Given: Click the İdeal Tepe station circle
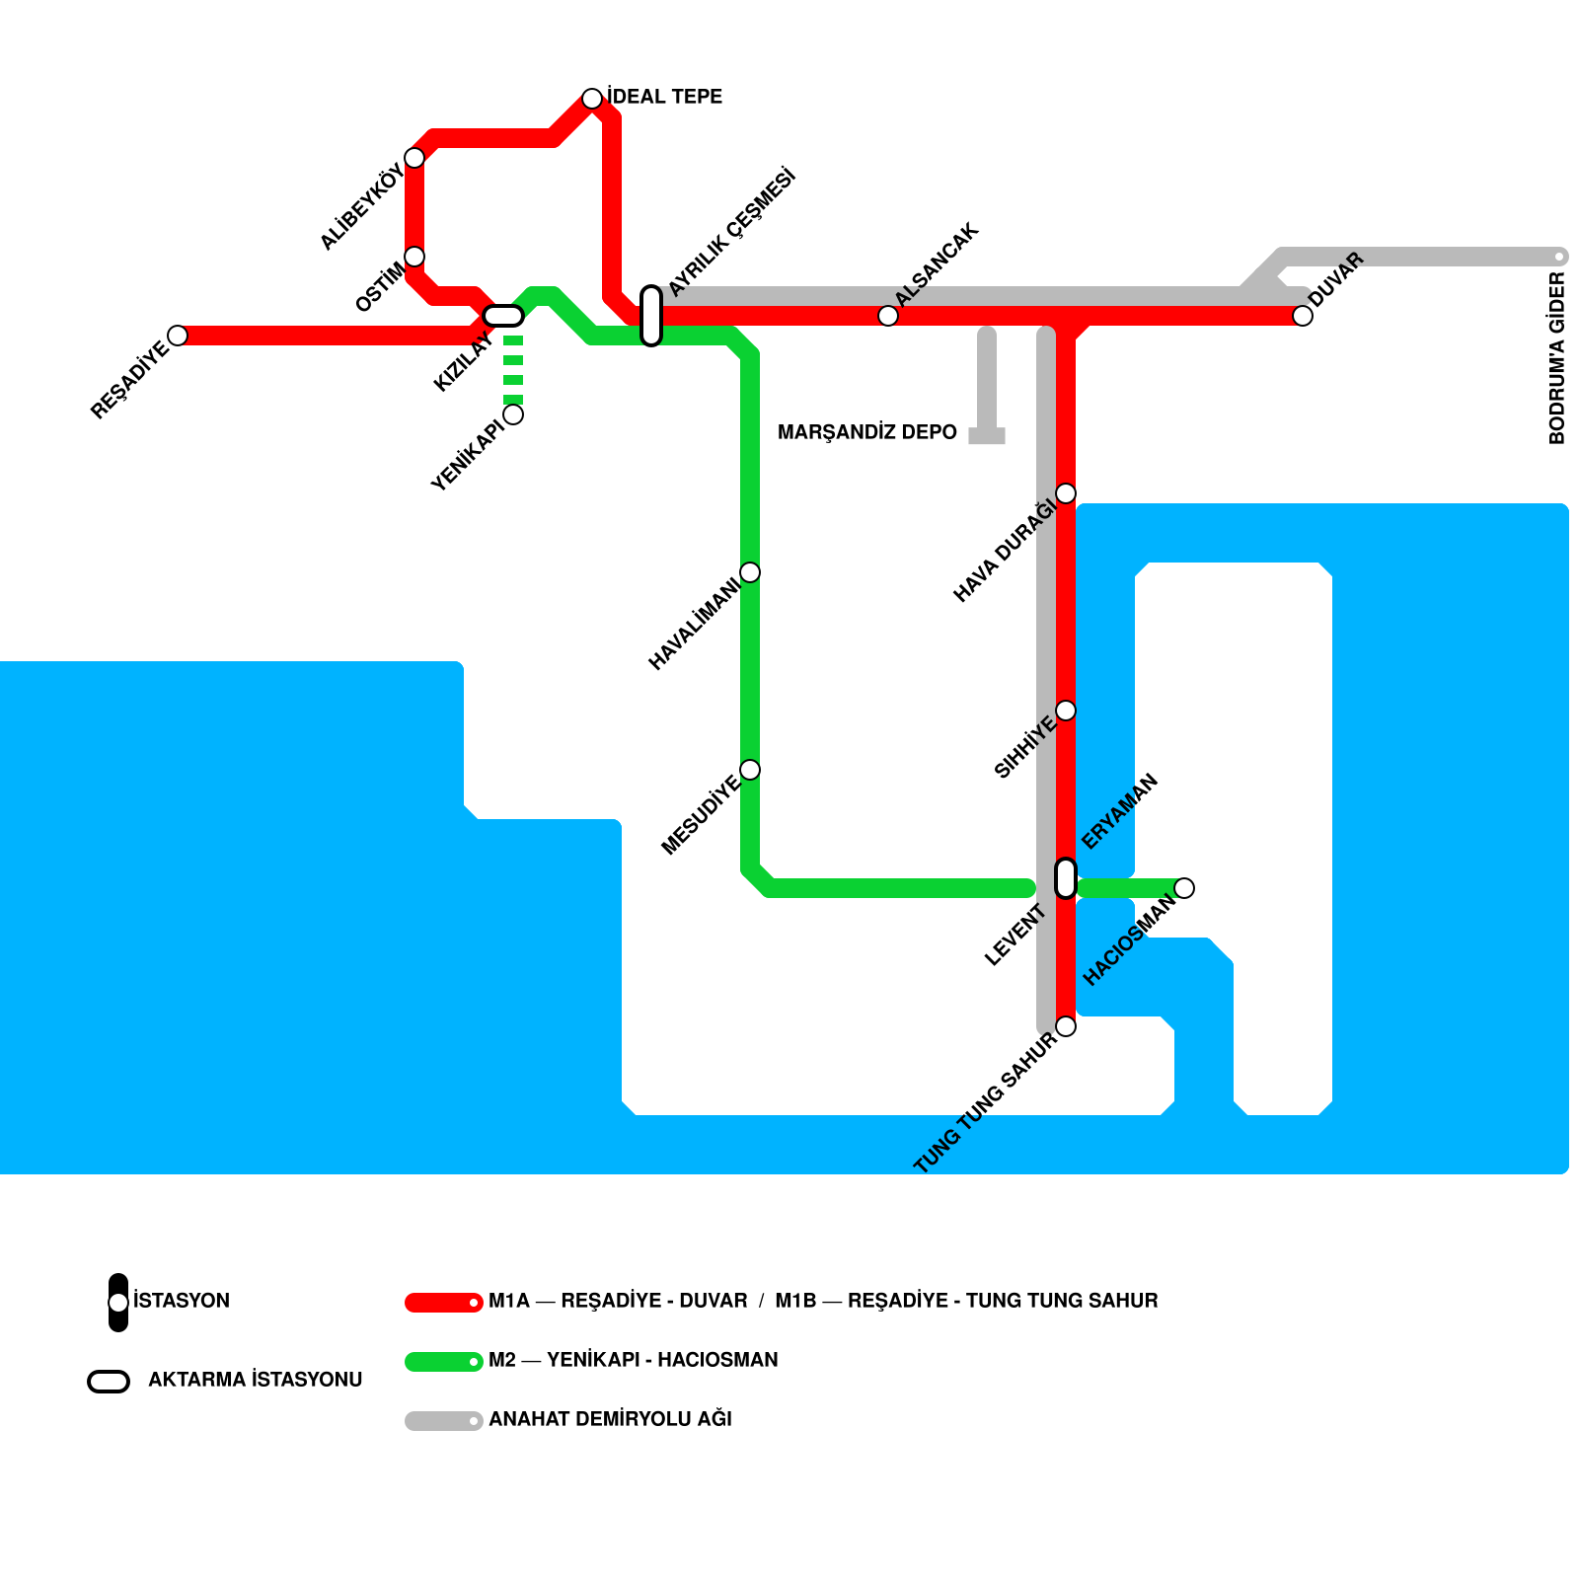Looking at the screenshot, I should (592, 99).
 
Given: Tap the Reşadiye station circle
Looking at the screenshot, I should (178, 336).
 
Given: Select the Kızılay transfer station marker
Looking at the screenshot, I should (503, 316).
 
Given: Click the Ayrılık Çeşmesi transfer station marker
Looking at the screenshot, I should (651, 316).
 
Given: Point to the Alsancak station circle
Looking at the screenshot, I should (888, 316).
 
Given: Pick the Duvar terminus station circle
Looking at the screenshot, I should (1303, 316).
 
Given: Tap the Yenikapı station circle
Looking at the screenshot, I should (513, 414).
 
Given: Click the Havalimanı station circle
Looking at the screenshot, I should (750, 572).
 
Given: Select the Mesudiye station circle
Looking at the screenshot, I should (750, 770).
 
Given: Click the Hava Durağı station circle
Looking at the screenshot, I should (1066, 493).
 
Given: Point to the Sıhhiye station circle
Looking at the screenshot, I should (1066, 711).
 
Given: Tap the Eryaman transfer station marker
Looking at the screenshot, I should (1066, 878).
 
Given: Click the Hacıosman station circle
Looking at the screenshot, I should (1184, 888).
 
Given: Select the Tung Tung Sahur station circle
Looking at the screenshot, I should (1066, 1026).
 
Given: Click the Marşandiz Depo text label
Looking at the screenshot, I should (866, 432).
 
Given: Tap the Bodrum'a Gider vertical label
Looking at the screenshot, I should (1557, 358).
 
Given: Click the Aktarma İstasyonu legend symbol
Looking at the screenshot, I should (109, 1382).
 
